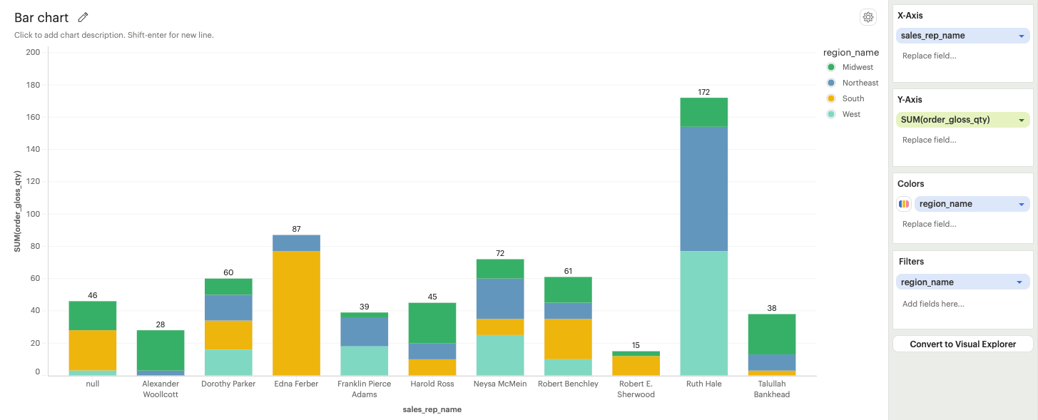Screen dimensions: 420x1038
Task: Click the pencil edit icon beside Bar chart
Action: tap(83, 18)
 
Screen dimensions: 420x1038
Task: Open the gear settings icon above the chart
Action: tap(867, 18)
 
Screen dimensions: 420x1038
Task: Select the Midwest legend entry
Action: tap(857, 67)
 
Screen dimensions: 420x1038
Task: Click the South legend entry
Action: tap(853, 98)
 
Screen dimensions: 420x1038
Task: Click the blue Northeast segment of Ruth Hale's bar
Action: tap(703, 188)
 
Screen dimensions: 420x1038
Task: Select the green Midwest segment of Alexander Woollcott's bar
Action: tap(161, 349)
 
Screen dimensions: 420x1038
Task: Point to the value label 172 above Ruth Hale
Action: tap(703, 92)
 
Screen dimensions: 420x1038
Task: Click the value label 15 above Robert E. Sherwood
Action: tap(636, 345)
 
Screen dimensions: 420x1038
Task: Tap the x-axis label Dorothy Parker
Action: tap(228, 384)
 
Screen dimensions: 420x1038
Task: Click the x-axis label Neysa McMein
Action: tap(499, 384)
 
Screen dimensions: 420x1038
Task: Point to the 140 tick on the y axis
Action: tap(33, 149)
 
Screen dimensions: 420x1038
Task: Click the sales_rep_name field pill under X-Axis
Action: tap(956, 36)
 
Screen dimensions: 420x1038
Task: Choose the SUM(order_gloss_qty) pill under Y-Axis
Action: tap(956, 120)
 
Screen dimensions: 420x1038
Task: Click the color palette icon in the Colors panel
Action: tap(904, 204)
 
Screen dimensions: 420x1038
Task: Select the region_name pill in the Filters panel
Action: tap(956, 282)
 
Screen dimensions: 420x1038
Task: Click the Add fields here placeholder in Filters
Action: tap(933, 304)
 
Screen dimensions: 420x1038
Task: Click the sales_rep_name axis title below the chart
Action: tap(432, 409)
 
